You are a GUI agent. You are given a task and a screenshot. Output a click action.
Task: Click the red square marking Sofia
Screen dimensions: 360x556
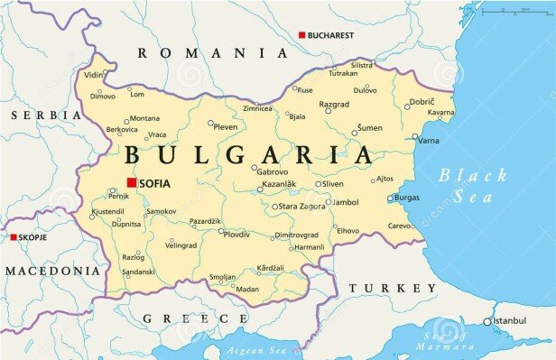pyautogui.click(x=131, y=183)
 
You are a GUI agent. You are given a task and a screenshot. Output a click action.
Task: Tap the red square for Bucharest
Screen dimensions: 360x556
pyautogui.click(x=301, y=35)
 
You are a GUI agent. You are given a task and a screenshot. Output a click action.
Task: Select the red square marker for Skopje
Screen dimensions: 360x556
pyautogui.click(x=14, y=237)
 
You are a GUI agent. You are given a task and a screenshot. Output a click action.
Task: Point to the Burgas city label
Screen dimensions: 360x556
pyautogui.click(x=407, y=197)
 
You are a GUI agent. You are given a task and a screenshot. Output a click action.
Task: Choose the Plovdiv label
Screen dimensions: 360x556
pyautogui.click(x=236, y=234)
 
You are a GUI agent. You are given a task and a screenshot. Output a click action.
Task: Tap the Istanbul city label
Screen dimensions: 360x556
pyautogui.click(x=511, y=320)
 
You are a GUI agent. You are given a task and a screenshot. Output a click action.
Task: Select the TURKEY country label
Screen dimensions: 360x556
pyautogui.click(x=385, y=288)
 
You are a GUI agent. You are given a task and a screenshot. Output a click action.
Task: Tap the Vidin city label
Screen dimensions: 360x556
pyautogui.click(x=93, y=76)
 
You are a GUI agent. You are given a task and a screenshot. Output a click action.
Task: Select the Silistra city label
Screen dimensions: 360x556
pyautogui.click(x=361, y=65)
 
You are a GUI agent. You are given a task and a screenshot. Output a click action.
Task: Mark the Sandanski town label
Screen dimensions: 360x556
pyautogui.click(x=138, y=272)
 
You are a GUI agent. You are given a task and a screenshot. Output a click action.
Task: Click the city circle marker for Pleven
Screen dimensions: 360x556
pyautogui.click(x=211, y=124)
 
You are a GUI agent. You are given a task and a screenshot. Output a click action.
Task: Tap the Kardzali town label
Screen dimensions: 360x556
pyautogui.click(x=270, y=268)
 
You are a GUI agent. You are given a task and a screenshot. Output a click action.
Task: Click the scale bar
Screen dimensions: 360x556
pyautogui.click(x=515, y=12)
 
